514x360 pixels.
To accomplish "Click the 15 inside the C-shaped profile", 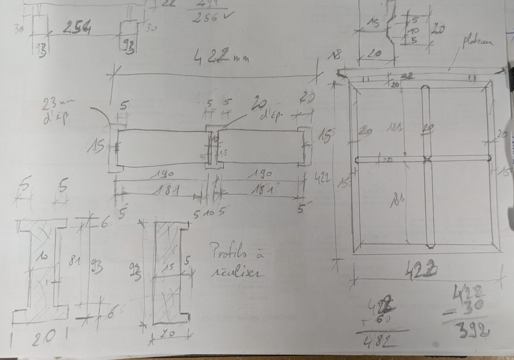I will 169,267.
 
